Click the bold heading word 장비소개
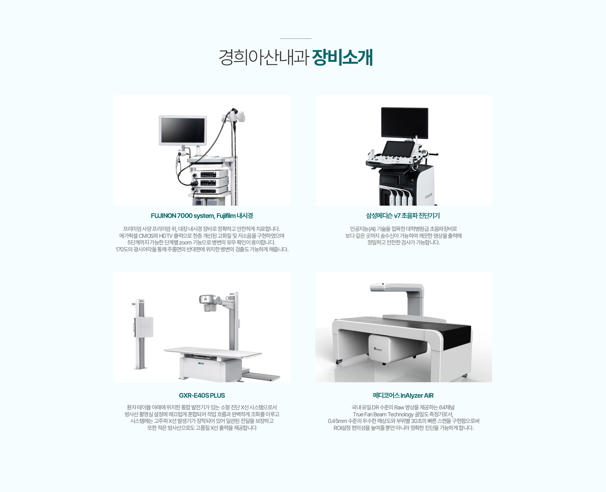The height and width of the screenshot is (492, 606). click(x=342, y=57)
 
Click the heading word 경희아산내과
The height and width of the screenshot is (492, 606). click(x=264, y=57)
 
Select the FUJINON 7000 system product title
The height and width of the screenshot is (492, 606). click(x=202, y=216)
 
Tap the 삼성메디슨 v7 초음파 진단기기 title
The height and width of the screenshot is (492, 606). click(x=403, y=216)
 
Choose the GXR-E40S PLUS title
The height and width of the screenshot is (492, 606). click(x=202, y=395)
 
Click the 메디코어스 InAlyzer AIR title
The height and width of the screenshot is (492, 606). click(x=403, y=395)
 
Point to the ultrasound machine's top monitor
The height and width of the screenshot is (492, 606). click(x=405, y=123)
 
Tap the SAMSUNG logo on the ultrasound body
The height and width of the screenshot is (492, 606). click(x=428, y=196)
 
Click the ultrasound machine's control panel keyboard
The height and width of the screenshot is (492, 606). click(x=395, y=159)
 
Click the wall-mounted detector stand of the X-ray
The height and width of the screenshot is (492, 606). click(x=141, y=334)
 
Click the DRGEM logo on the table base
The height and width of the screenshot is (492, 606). click(x=201, y=364)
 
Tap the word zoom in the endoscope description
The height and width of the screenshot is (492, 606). click(x=185, y=243)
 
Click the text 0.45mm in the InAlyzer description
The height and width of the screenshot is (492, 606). click(x=337, y=421)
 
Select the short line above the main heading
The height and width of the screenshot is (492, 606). click(x=295, y=38)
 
